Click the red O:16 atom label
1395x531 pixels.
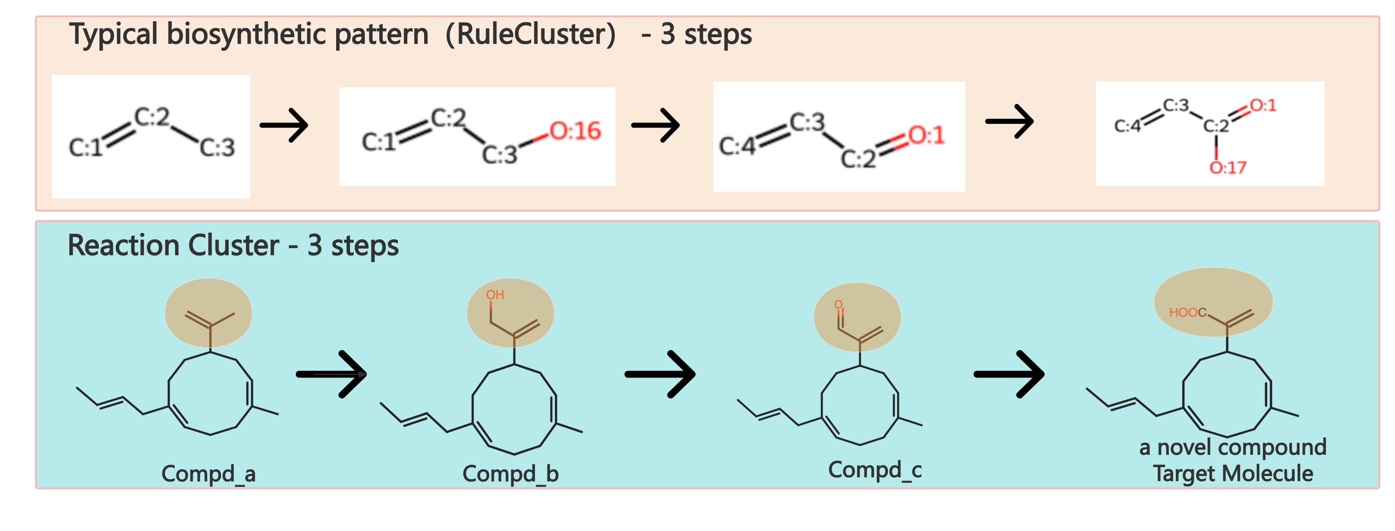pos(575,131)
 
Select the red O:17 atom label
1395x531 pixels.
pos(1228,168)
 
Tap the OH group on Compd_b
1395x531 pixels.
pos(495,295)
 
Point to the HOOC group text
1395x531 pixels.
pos(1188,312)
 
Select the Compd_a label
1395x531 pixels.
pos(208,474)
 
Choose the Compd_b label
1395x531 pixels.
pos(511,474)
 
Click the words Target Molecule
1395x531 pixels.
pos(1233,474)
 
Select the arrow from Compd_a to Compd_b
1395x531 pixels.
pos(331,374)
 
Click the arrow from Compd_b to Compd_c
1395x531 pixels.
pos(660,374)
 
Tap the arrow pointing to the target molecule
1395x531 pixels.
pos(1009,374)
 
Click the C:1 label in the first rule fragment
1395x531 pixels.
pos(85,147)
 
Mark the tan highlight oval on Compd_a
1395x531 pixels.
pos(208,313)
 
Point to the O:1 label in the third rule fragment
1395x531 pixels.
pos(927,135)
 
